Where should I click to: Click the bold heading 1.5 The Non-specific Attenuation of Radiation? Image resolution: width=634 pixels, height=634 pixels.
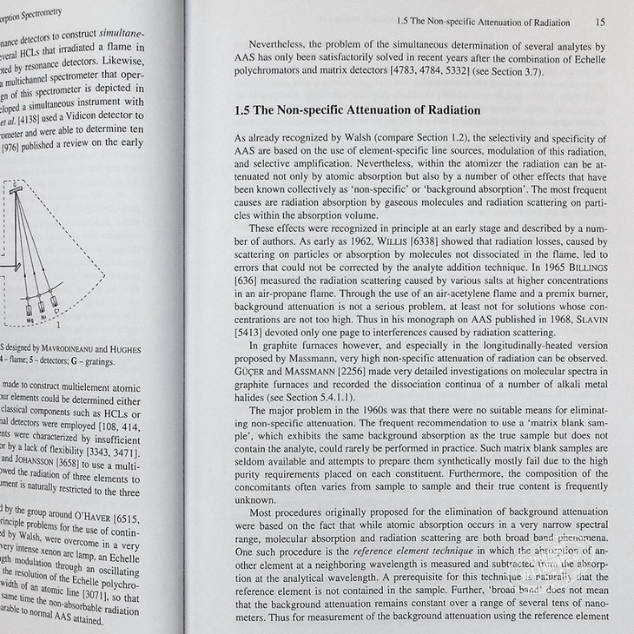[x=358, y=110]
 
